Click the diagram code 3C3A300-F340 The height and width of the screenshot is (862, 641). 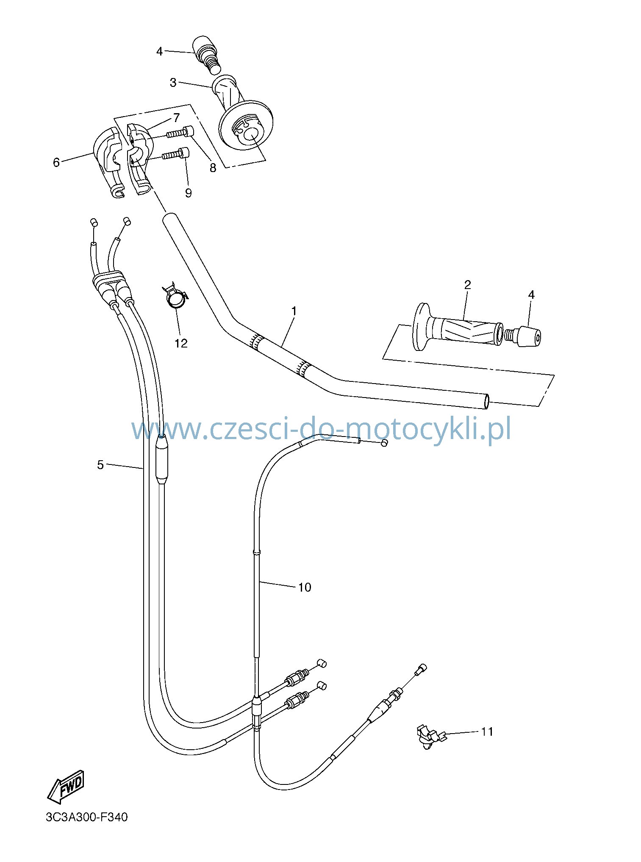tap(86, 817)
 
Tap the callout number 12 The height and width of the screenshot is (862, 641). tap(181, 343)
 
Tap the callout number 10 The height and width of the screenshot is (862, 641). tap(305, 587)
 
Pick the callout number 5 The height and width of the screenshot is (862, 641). tap(100, 465)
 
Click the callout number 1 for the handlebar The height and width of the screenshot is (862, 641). tap(294, 311)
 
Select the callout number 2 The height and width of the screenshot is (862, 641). tap(468, 285)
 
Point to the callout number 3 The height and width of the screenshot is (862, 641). tap(173, 83)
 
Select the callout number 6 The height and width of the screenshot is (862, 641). tap(56, 162)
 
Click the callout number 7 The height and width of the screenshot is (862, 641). tap(176, 118)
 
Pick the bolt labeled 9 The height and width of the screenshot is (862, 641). tap(175, 154)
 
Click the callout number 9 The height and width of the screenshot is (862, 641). tap(188, 193)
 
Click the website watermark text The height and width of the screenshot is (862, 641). tap(321, 430)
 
